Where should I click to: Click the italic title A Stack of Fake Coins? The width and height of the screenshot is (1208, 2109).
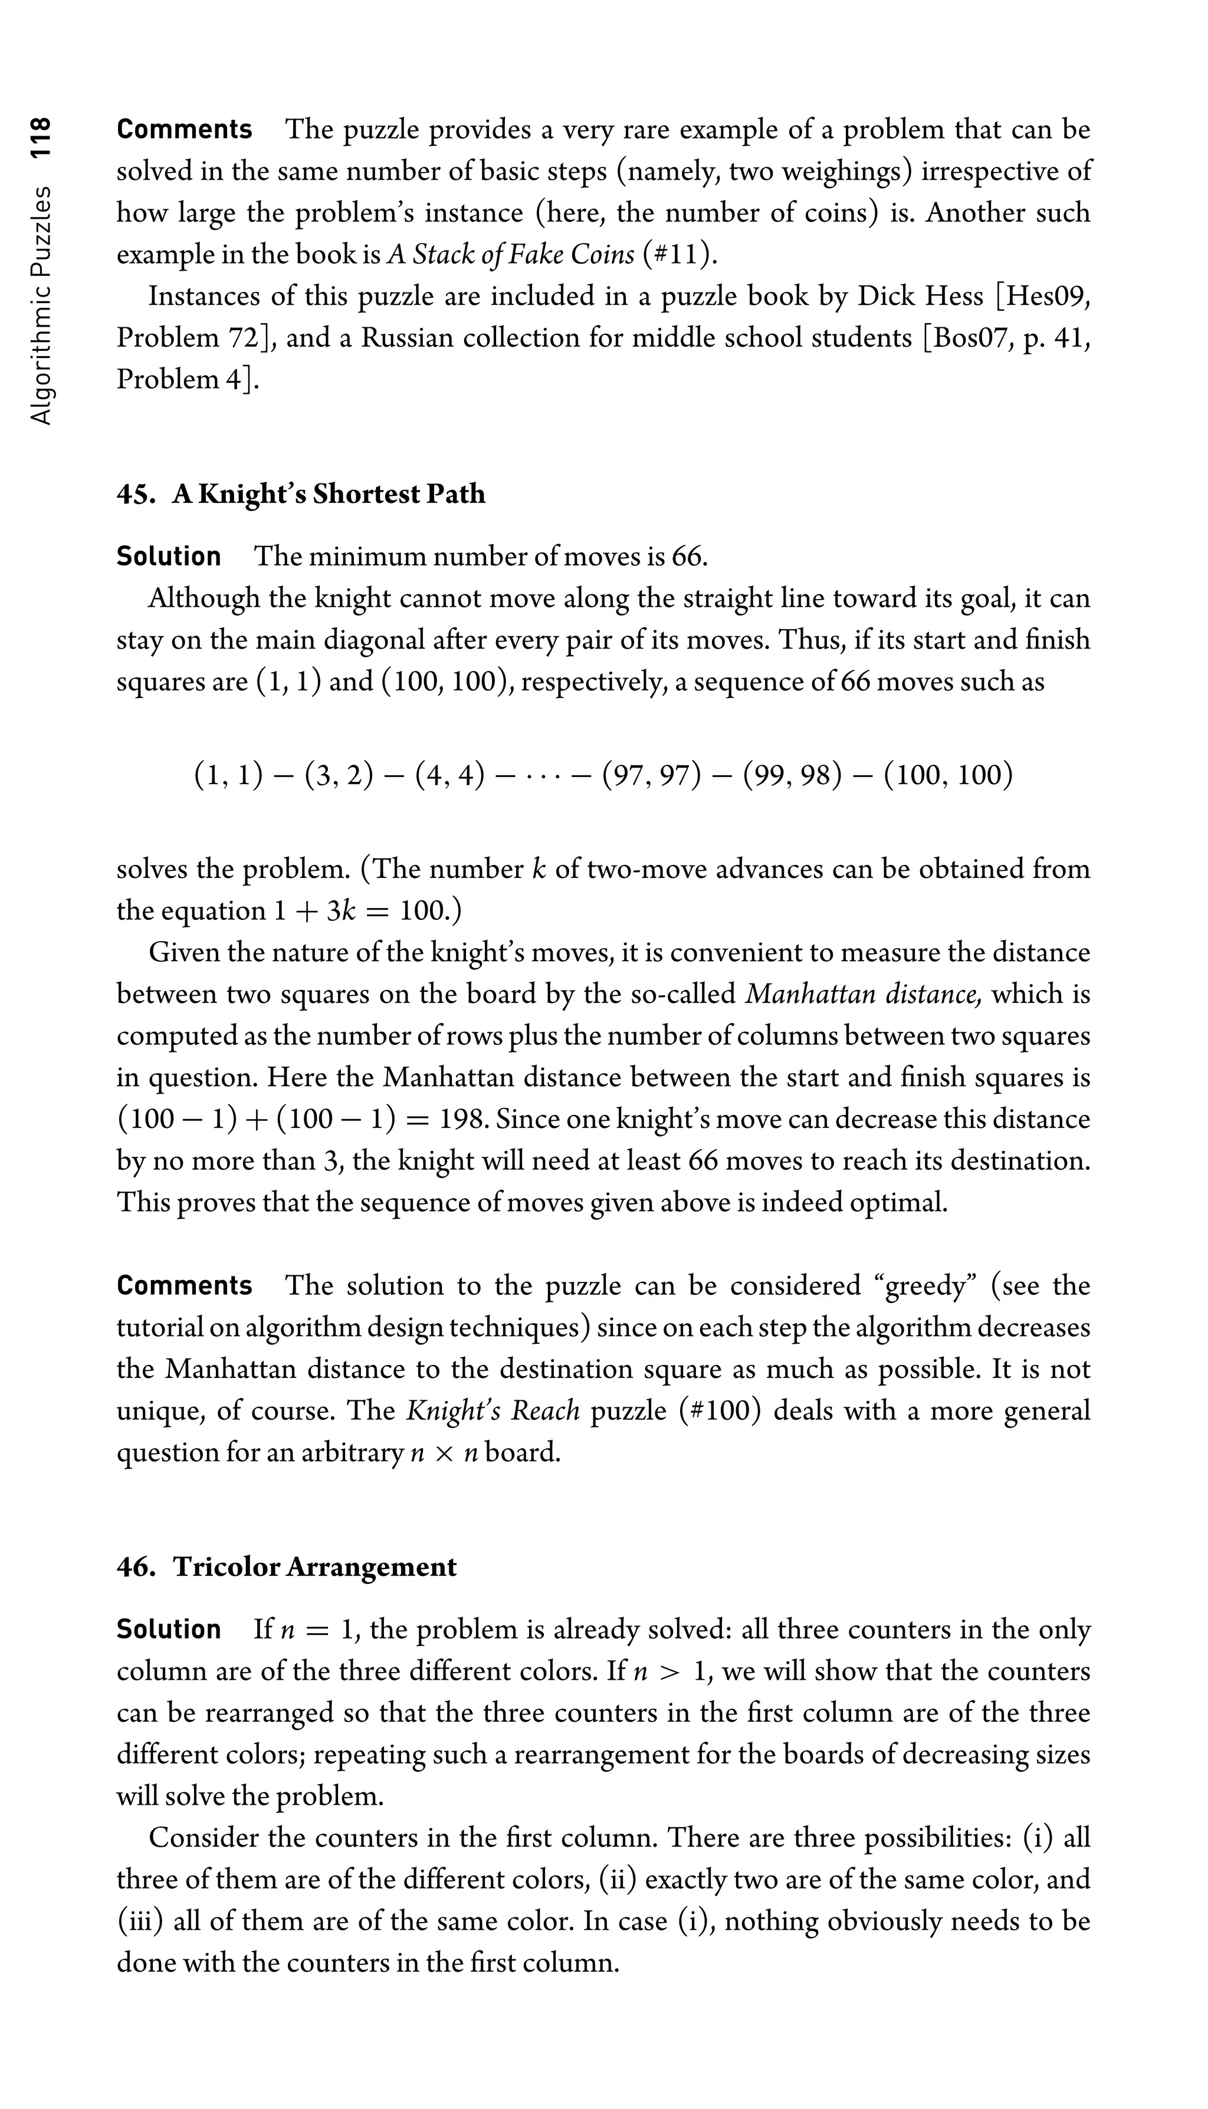tap(510, 255)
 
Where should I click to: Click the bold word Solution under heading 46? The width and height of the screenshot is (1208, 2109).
tap(169, 1629)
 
